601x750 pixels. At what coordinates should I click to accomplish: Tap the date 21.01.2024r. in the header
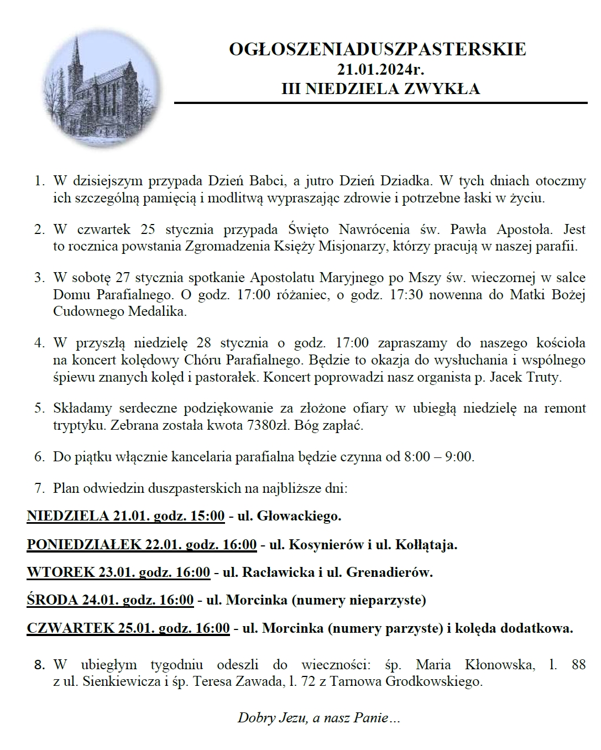tap(381, 69)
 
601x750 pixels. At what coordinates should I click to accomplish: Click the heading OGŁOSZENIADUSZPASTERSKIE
tap(378, 49)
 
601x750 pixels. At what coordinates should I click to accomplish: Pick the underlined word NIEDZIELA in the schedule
tap(68, 516)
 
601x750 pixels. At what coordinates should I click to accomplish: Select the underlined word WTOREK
tap(61, 572)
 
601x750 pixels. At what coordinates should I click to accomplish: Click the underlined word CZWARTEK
tap(70, 628)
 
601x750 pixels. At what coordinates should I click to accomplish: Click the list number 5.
tap(39, 409)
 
